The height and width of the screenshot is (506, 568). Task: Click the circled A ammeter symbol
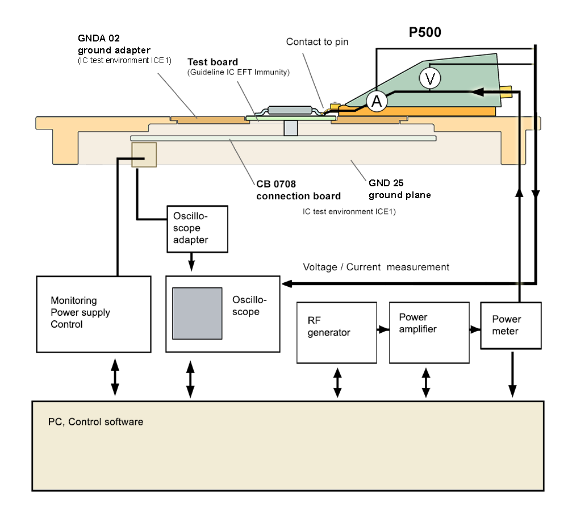coord(376,101)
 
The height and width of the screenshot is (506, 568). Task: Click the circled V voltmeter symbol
coord(429,79)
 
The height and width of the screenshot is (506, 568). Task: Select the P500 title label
coord(425,33)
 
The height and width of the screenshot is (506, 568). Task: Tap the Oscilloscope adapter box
coord(197,229)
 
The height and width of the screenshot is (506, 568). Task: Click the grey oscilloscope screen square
coord(197,313)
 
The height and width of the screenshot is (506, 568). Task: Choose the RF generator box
coord(337,332)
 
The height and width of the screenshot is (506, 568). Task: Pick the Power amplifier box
coord(429,332)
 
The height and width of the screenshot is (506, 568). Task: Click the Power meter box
coord(511,325)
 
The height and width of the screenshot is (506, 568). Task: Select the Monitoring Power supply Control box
coord(94,314)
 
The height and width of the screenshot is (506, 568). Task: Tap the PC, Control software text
coord(95,422)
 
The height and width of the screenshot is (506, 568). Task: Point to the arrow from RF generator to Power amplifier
coord(383,329)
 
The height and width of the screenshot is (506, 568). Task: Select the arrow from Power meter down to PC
coord(512,375)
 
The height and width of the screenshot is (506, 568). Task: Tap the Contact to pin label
coord(317,42)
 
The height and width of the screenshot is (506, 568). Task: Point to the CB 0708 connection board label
coord(298,190)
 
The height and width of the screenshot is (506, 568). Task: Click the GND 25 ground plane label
coord(399,189)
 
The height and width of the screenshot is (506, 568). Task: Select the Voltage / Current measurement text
coord(376,267)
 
